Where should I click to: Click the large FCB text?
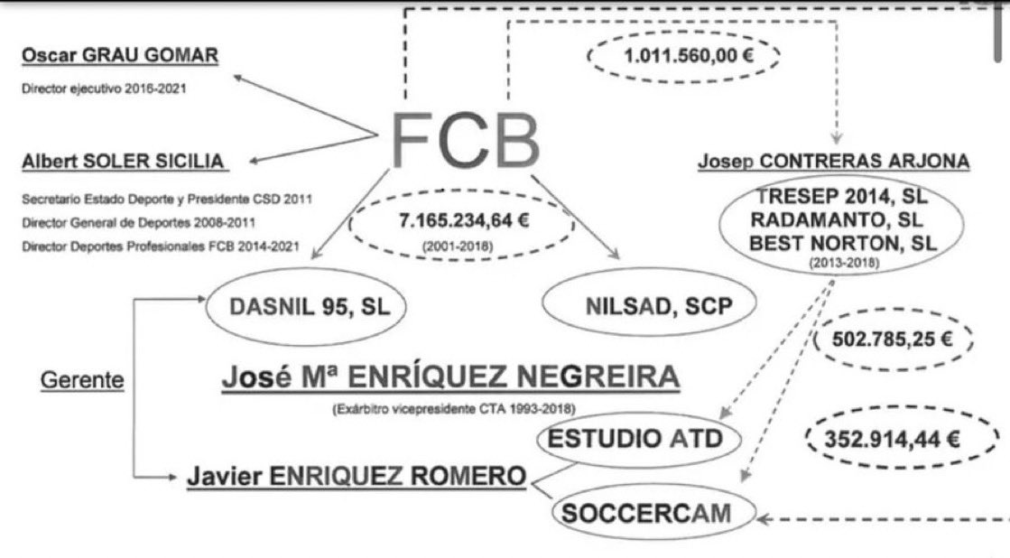(x=466, y=141)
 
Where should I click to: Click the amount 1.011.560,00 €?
(x=683, y=56)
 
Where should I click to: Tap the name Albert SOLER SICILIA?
(x=124, y=161)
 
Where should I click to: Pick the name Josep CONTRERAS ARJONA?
(x=833, y=163)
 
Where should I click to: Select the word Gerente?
(x=82, y=380)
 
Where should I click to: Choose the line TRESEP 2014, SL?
(x=833, y=197)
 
